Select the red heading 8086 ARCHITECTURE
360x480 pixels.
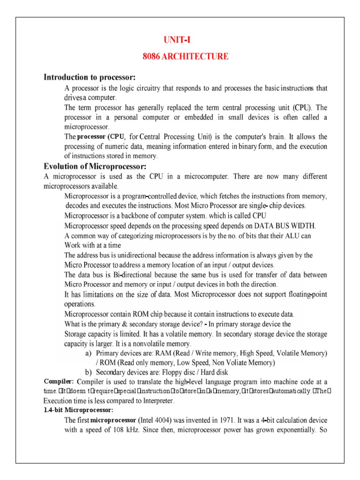[x=186, y=57]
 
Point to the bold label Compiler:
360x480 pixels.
[x=59, y=382]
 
